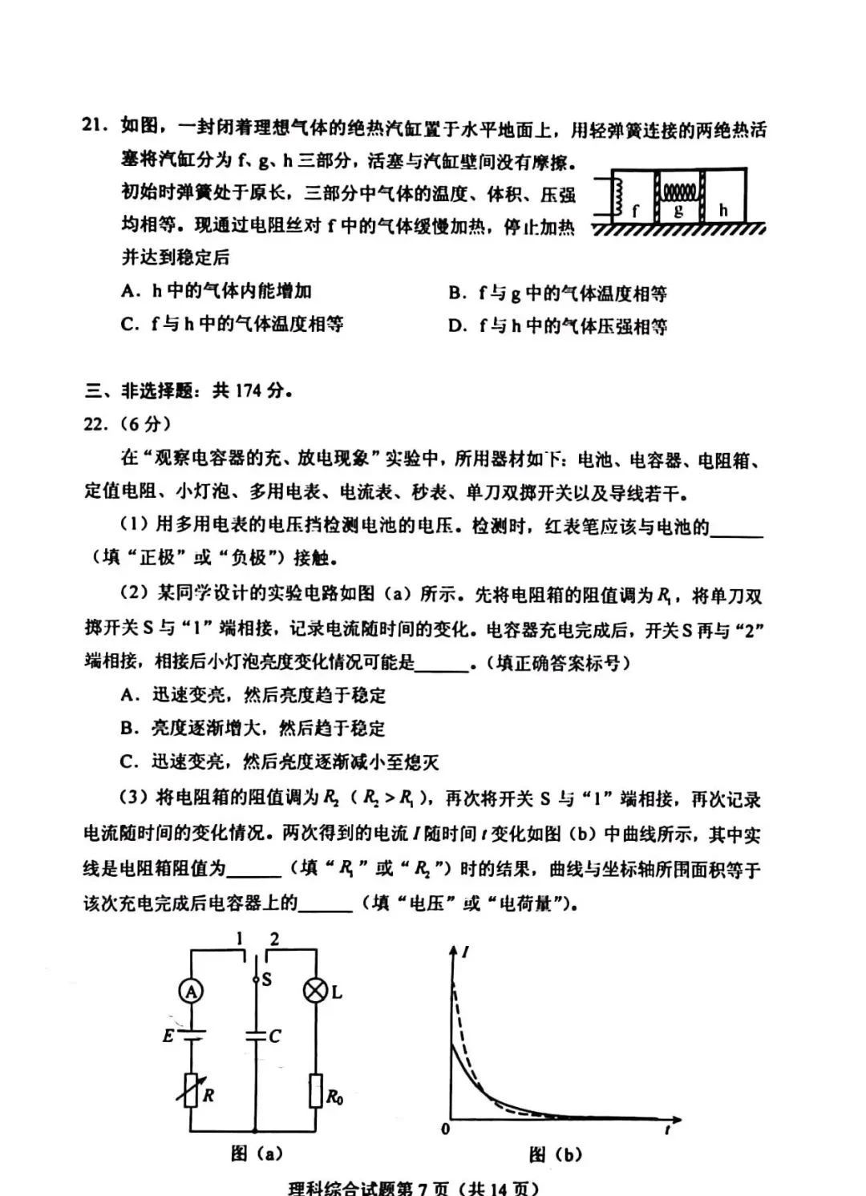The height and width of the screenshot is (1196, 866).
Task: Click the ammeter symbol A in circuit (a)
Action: [191, 992]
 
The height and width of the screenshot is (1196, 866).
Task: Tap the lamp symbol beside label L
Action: [314, 992]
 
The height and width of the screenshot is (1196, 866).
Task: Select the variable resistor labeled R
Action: [191, 1090]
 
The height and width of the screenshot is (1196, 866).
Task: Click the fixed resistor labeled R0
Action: [314, 1091]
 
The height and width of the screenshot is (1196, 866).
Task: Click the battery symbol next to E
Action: [191, 1035]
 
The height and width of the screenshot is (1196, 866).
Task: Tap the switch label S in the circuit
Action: [267, 979]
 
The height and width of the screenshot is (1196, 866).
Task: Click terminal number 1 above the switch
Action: [238, 939]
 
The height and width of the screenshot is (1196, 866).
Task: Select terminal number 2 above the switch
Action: [274, 939]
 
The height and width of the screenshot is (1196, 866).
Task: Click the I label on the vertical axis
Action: [466, 952]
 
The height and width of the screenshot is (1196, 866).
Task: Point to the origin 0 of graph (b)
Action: [446, 1129]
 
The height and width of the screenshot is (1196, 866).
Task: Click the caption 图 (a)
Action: [256, 1154]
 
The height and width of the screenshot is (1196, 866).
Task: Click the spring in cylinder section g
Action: [678, 192]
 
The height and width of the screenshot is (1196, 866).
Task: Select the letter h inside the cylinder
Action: [723, 210]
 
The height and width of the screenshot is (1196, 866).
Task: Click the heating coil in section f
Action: [618, 197]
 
